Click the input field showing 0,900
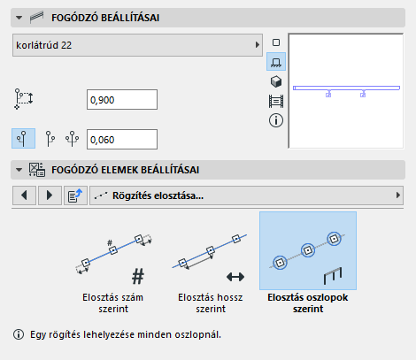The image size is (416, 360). click(x=122, y=100)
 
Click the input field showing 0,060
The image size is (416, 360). click(x=122, y=139)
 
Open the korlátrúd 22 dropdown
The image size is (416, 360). click(x=137, y=45)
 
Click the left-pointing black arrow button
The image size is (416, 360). click(x=24, y=195)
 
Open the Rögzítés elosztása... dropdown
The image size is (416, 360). click(x=246, y=195)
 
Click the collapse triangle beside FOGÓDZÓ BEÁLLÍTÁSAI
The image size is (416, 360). click(x=19, y=18)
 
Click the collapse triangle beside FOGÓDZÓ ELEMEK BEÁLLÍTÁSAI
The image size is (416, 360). click(x=19, y=170)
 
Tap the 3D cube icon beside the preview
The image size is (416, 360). click(x=276, y=81)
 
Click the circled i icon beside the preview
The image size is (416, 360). click(x=276, y=120)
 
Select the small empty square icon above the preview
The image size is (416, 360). click(x=276, y=42)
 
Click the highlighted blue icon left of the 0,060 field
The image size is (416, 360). click(x=24, y=138)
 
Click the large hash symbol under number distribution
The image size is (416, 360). click(x=138, y=276)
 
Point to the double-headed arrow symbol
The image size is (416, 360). click(x=235, y=277)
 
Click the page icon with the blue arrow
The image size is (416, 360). click(x=75, y=195)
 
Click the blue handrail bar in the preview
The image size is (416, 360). click(x=346, y=88)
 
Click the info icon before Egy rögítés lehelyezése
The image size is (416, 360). click(x=19, y=334)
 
